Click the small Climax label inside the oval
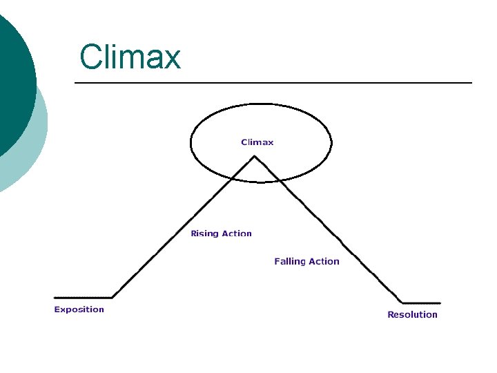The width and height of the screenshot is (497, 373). point(257,142)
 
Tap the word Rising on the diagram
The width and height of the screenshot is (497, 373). point(204,233)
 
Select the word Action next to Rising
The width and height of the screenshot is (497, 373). point(236,233)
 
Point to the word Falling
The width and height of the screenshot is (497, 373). point(289,261)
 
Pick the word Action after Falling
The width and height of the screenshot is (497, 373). point(324,261)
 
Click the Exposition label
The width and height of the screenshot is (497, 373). point(79,309)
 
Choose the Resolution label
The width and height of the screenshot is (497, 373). point(412,314)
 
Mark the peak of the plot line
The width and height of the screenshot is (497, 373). point(255,157)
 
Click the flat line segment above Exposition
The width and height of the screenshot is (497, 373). point(83,298)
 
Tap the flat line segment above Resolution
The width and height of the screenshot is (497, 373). point(422,303)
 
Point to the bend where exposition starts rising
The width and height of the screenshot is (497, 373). point(113,297)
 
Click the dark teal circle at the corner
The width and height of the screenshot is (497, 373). point(10,76)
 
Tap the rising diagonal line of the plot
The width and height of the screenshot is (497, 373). point(183,228)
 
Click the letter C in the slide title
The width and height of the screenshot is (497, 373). point(92,57)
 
